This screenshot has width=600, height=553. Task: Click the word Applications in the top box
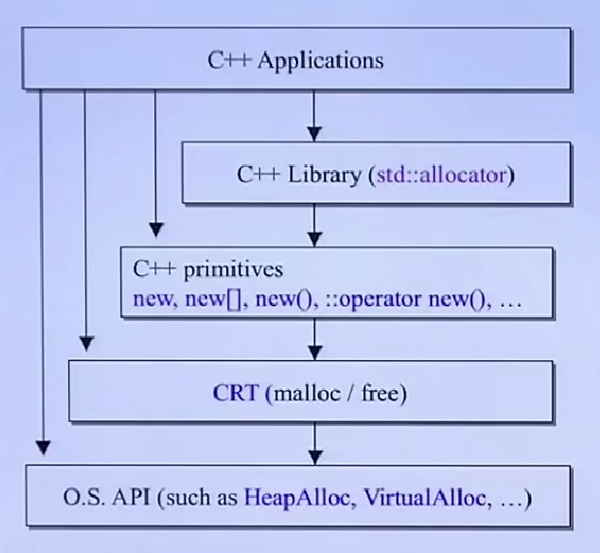coord(320,60)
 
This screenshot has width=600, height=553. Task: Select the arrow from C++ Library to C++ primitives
coord(312,223)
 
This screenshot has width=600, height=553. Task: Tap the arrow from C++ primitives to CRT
coord(312,339)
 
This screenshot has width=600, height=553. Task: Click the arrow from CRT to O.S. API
coord(312,446)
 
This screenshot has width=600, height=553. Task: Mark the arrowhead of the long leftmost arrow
coord(41,447)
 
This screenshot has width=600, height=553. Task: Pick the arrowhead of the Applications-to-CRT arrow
coord(86,342)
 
